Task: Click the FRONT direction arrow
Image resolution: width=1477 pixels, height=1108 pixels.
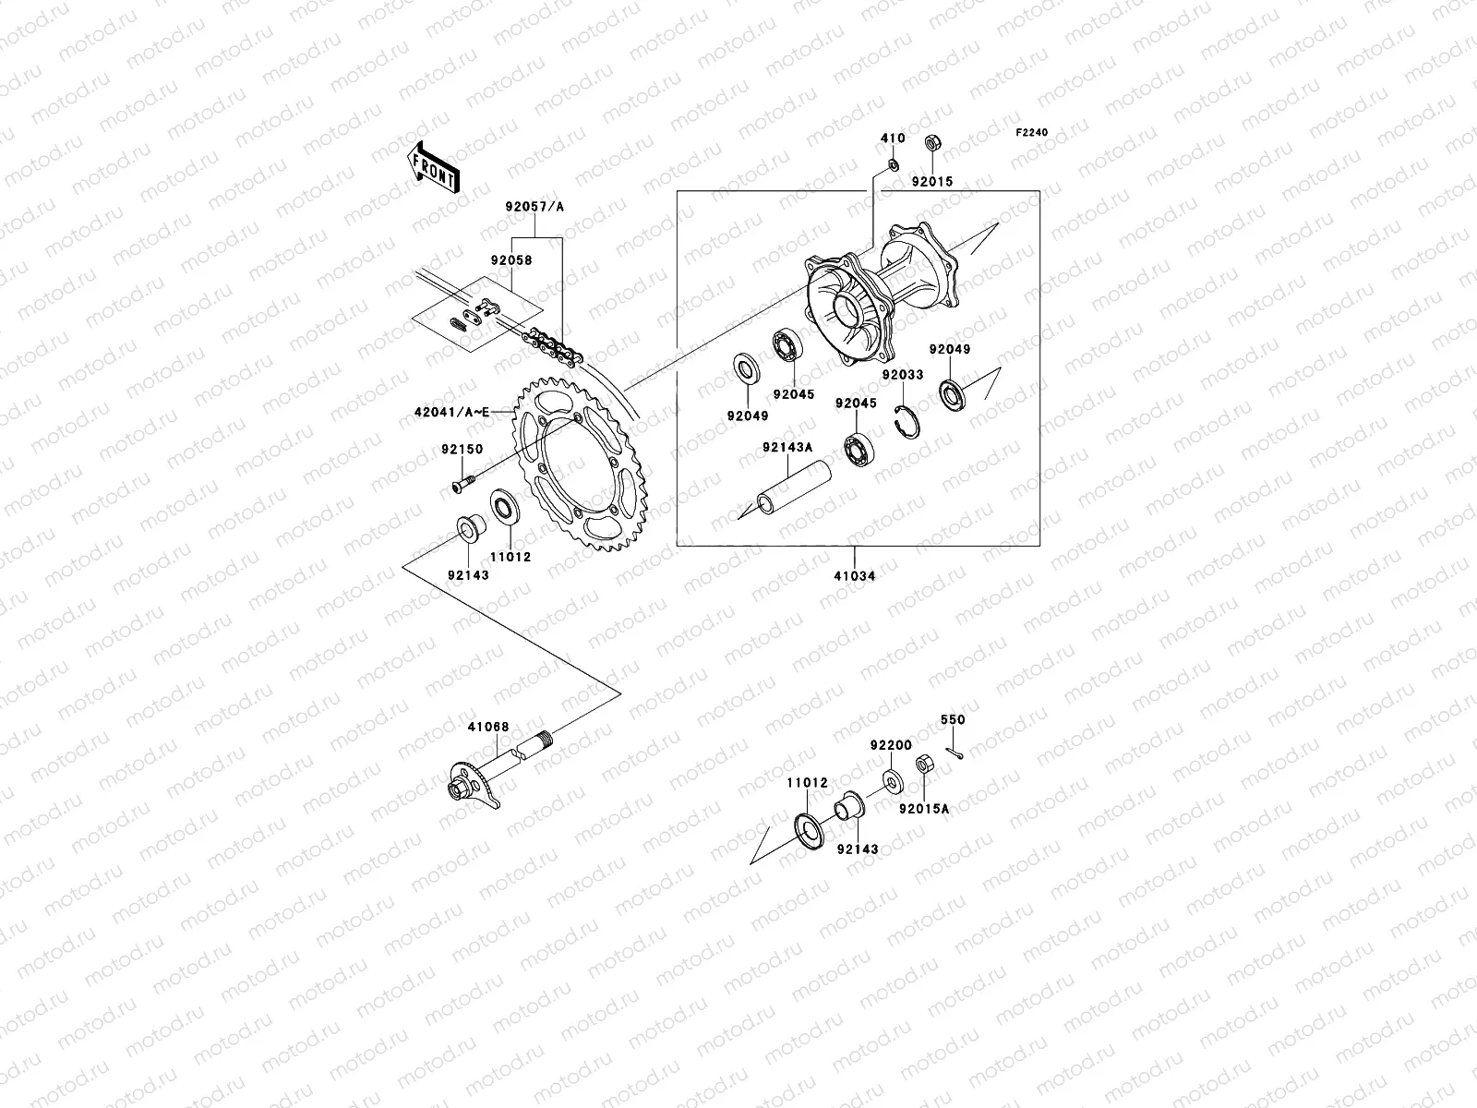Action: tap(436, 166)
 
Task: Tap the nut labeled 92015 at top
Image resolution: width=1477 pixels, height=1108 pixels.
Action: tap(932, 145)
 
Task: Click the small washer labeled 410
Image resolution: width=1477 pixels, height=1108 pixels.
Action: tap(893, 164)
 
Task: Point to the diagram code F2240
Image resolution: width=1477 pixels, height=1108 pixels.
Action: tap(1032, 133)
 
